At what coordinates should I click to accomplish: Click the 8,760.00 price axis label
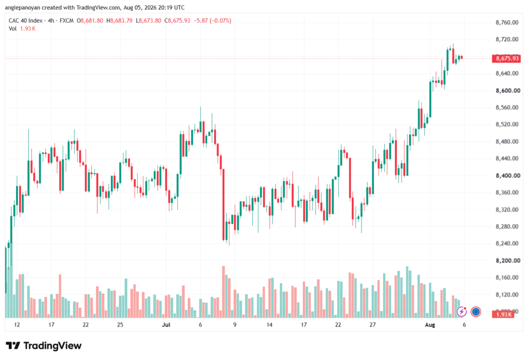pos(507,23)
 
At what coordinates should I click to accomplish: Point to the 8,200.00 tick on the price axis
pos(508,260)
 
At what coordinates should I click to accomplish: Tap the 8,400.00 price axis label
pos(508,175)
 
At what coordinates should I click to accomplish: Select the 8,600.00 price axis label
pos(508,91)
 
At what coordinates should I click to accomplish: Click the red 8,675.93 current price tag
pos(506,59)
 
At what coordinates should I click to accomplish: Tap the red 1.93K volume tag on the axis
pos(503,315)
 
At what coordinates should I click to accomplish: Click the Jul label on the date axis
pos(166,325)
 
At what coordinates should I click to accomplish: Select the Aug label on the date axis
pos(430,325)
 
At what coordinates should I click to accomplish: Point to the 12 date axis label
pos(17,325)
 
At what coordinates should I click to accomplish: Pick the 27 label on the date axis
pos(372,325)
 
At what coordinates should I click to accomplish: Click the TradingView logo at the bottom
pos(44,346)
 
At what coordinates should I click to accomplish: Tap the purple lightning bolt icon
pos(461,312)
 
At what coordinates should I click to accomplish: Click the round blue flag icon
pos(475,312)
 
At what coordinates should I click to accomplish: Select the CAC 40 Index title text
pos(26,21)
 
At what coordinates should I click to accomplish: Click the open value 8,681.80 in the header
pos(92,21)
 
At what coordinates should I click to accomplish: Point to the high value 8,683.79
pos(121,21)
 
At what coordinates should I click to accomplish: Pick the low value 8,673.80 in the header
pos(150,21)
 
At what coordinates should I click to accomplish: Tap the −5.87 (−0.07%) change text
pos(212,21)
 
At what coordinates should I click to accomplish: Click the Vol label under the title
pos(12,29)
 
